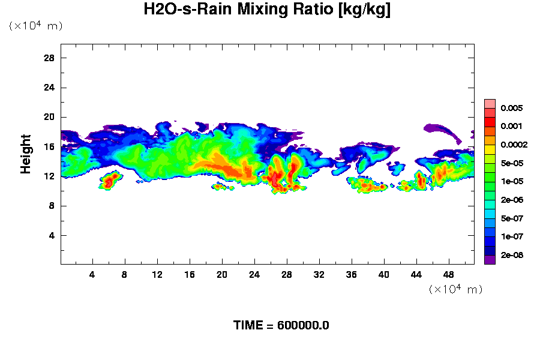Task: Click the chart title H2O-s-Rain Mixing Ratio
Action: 268,10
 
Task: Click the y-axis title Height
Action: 26,161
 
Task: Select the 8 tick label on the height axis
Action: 52,205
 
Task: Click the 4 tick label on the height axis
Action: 52,235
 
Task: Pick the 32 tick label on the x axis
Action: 319,274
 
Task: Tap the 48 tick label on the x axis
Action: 448,274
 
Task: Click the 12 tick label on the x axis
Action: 157,274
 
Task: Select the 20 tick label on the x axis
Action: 222,274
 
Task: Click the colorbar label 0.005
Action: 512,109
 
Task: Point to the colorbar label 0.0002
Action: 514,145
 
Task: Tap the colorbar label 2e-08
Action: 512,256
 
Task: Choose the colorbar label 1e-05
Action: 512,182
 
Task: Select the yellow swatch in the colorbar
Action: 490,149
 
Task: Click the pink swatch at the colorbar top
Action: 490,103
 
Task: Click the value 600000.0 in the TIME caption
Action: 303,326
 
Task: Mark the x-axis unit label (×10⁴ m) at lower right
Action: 455,289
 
